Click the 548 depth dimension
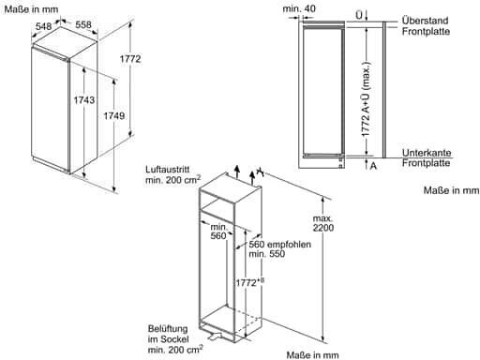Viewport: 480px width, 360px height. [43, 26]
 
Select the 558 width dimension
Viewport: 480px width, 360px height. [83, 24]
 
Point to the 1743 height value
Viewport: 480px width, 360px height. [84, 99]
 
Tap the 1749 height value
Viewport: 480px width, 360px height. [114, 116]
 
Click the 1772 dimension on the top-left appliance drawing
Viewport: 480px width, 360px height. [130, 58]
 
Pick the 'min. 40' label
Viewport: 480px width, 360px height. [299, 8]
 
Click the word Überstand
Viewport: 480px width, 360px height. [426, 21]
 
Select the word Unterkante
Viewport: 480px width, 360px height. [427, 153]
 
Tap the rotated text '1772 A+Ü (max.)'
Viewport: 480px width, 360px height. [366, 99]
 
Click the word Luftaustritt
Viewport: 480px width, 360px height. [168, 170]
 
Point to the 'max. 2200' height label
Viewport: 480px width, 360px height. [323, 223]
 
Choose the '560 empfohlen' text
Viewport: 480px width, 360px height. [279, 244]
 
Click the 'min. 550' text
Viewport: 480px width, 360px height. [267, 253]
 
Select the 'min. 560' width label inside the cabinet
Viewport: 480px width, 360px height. [218, 232]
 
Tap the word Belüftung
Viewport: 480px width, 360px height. [168, 329]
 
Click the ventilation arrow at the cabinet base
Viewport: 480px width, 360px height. [215, 336]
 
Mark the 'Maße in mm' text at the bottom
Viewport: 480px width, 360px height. [312, 355]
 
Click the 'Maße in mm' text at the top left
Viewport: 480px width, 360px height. [31, 9]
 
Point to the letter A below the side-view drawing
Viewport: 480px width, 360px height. [373, 166]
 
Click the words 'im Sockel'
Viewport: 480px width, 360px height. [168, 339]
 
